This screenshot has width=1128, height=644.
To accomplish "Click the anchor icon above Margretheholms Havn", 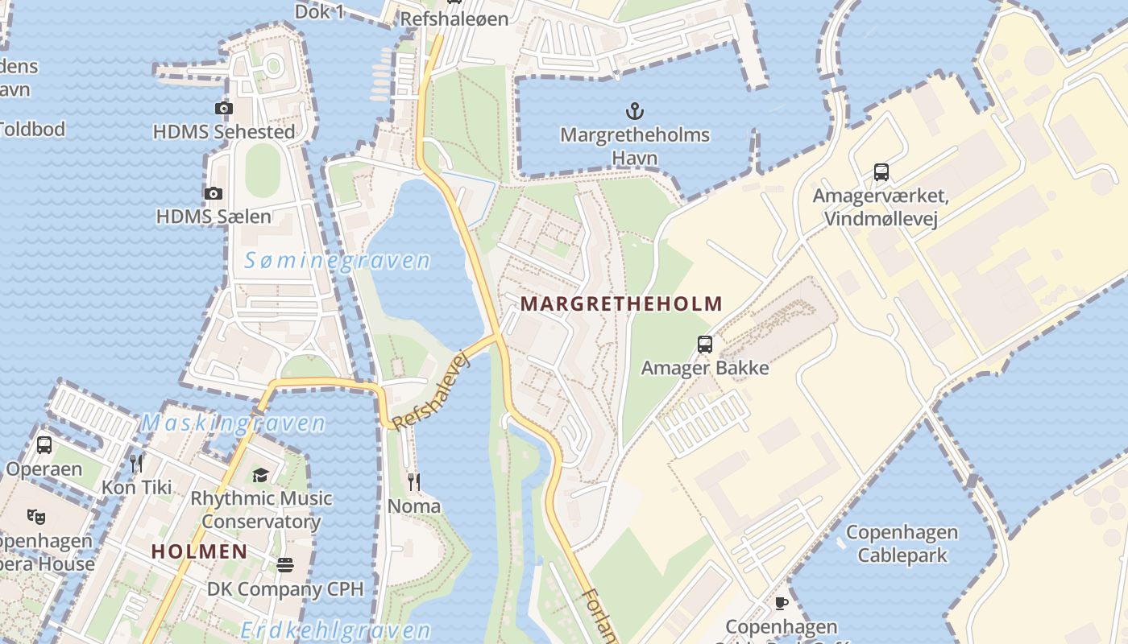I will [635, 110].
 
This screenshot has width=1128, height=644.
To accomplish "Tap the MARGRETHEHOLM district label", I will [621, 304].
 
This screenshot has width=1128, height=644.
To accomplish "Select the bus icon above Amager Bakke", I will [705, 345].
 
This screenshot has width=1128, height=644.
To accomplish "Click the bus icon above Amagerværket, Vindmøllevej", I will [881, 171].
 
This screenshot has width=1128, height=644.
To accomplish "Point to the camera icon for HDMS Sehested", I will [224, 108].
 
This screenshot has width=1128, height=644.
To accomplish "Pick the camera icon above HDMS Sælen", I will [214, 193].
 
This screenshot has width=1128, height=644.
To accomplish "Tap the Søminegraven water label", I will [338, 261].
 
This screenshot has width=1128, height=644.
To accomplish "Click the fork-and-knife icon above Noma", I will [414, 482].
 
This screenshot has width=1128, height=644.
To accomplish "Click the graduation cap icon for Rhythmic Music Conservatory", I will [260, 475].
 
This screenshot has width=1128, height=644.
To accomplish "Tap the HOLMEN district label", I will [199, 551].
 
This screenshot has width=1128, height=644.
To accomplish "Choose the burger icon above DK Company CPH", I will [285, 565].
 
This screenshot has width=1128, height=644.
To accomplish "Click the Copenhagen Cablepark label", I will [902, 543].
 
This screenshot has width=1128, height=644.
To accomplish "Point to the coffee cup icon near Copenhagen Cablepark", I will [781, 603].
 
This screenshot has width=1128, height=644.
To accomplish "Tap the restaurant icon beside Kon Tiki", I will [137, 463].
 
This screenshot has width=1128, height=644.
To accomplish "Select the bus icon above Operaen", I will [44, 444].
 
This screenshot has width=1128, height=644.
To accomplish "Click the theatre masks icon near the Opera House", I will [35, 516].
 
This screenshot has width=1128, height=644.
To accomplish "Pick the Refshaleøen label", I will [454, 19].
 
